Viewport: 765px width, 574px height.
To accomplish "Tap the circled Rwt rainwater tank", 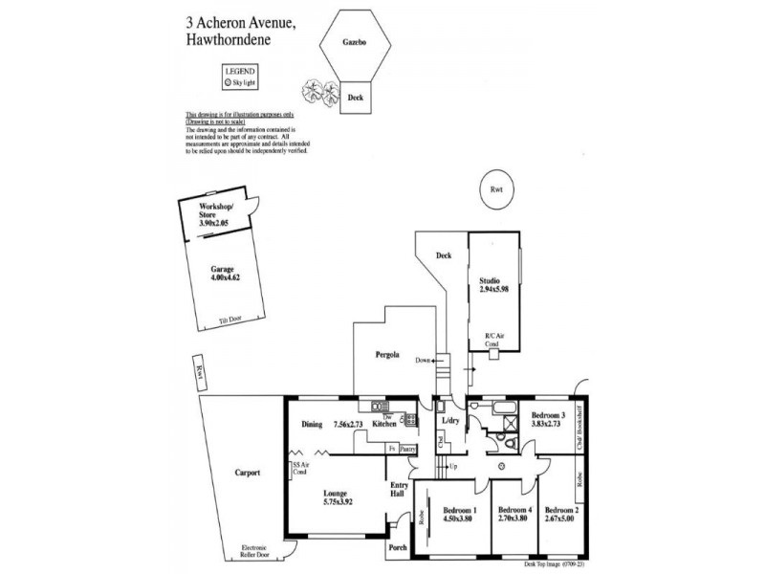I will [495, 190].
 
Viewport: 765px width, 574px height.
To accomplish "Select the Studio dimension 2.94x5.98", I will [495, 291].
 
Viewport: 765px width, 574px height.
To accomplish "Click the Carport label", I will [246, 473].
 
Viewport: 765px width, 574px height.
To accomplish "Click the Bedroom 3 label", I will [550, 415].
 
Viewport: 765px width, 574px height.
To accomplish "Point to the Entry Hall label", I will [398, 490].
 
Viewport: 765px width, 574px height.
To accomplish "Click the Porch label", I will [398, 548].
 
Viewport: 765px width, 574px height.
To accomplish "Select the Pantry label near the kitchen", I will [408, 448].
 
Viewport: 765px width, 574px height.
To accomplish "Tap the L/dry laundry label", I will [448, 420].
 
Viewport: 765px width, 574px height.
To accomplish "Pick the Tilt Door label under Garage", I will [229, 321].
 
